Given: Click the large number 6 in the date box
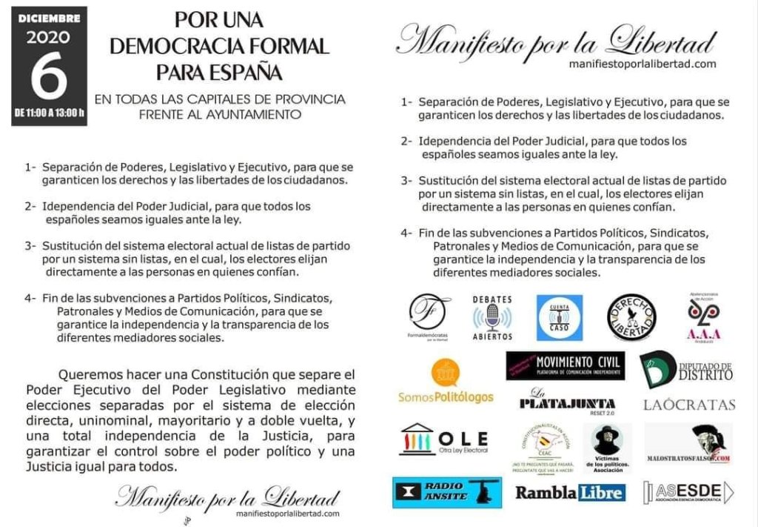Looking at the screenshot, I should click(49, 78).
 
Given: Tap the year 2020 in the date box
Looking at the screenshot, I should click(49, 37).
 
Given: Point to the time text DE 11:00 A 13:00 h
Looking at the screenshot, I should click(49, 113).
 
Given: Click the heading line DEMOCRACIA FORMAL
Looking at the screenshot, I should click(219, 46).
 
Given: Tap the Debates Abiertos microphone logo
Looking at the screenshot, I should click(492, 317).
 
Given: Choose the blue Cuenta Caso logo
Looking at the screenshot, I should click(559, 317).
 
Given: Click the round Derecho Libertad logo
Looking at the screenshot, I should click(631, 317).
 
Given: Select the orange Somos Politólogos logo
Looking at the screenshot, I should click(446, 381).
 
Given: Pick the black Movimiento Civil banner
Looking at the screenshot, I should click(566, 365).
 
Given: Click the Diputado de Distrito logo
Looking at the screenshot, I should click(686, 368).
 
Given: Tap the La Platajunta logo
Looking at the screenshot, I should click(567, 400).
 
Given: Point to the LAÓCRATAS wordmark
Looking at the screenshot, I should click(689, 405).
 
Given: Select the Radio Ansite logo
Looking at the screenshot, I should click(447, 492).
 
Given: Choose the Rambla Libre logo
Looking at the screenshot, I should click(570, 492).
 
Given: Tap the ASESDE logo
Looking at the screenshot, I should click(688, 492).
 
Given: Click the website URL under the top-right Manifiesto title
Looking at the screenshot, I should click(642, 64).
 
